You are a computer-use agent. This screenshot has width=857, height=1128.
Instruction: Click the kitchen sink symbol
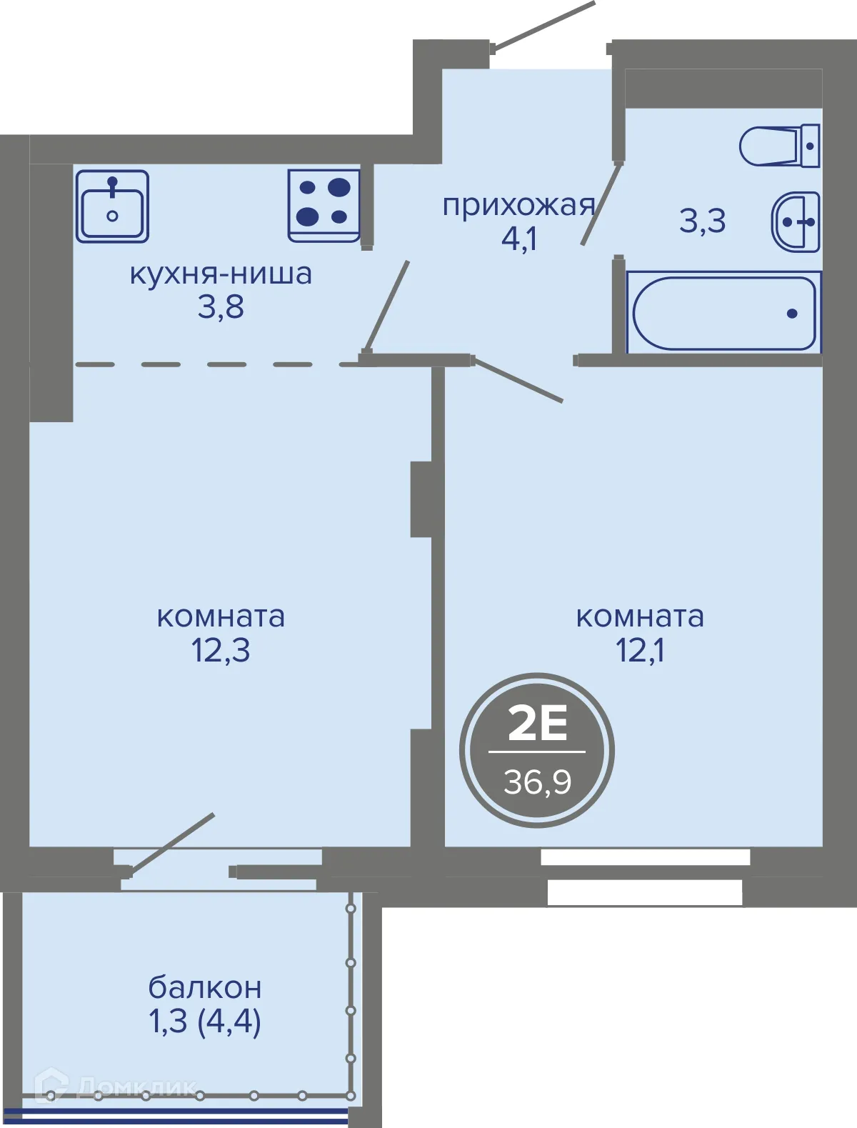point(112,206)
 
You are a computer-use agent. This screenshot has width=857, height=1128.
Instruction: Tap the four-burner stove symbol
point(324,206)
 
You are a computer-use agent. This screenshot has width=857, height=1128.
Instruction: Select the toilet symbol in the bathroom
point(779,146)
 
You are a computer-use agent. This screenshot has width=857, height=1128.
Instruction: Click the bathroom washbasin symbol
point(796,221)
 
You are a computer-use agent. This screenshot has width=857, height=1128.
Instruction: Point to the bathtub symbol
point(723,313)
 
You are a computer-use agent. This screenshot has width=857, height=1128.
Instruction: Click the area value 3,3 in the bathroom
point(702,221)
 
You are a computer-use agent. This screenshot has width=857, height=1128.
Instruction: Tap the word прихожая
point(518,206)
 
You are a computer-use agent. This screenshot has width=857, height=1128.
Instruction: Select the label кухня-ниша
point(221,274)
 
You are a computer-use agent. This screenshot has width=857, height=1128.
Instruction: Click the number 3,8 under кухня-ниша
point(221,308)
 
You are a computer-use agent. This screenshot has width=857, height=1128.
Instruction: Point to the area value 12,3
point(221,651)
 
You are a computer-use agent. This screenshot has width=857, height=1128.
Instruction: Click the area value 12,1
point(640,651)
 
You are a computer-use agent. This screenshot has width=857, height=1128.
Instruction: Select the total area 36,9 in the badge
point(537,782)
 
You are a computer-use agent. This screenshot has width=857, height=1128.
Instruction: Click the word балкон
point(205,988)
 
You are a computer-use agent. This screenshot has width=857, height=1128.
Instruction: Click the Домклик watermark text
point(136,1087)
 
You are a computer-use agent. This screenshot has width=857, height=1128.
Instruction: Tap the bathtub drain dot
point(791,313)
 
